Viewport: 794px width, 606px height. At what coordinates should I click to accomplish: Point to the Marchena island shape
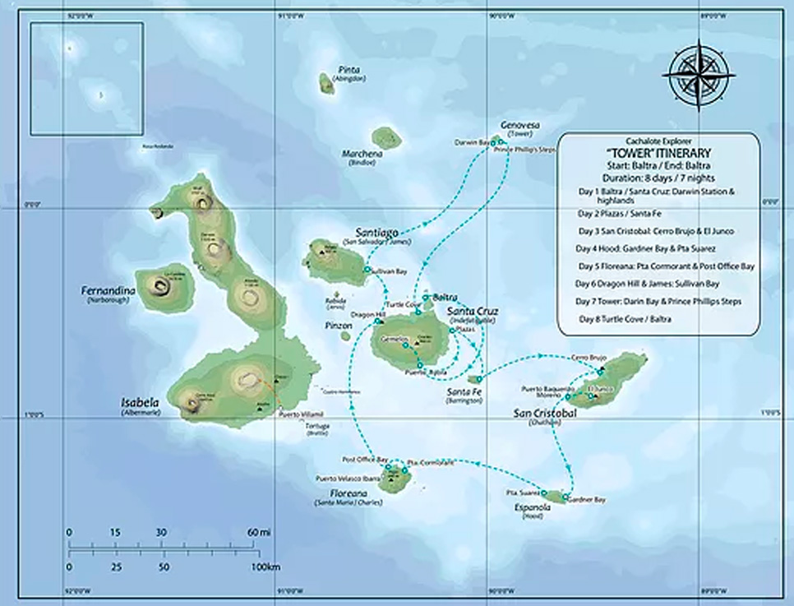385,137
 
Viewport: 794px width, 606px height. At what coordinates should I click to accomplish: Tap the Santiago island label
377,233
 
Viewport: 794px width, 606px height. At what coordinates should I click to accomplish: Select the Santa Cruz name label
472,312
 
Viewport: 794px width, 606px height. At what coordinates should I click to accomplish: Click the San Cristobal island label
543,412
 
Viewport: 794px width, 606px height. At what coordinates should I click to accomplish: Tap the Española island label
532,507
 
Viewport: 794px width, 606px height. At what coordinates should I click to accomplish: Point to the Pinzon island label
338,326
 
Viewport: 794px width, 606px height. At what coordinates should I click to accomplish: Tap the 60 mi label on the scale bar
260,532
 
